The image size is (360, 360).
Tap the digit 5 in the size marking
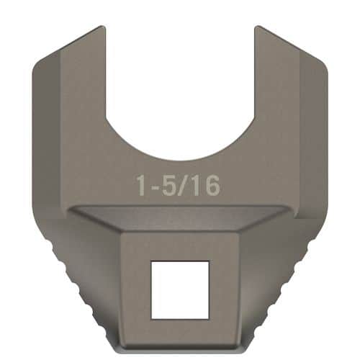pos(171,185)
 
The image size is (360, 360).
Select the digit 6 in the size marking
pos(210,185)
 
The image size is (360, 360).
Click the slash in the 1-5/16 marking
pos(185,185)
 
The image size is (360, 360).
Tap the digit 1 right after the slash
pos(197,185)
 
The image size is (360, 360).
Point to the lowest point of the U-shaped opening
pos(179,160)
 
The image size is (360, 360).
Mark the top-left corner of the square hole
pos(151,262)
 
